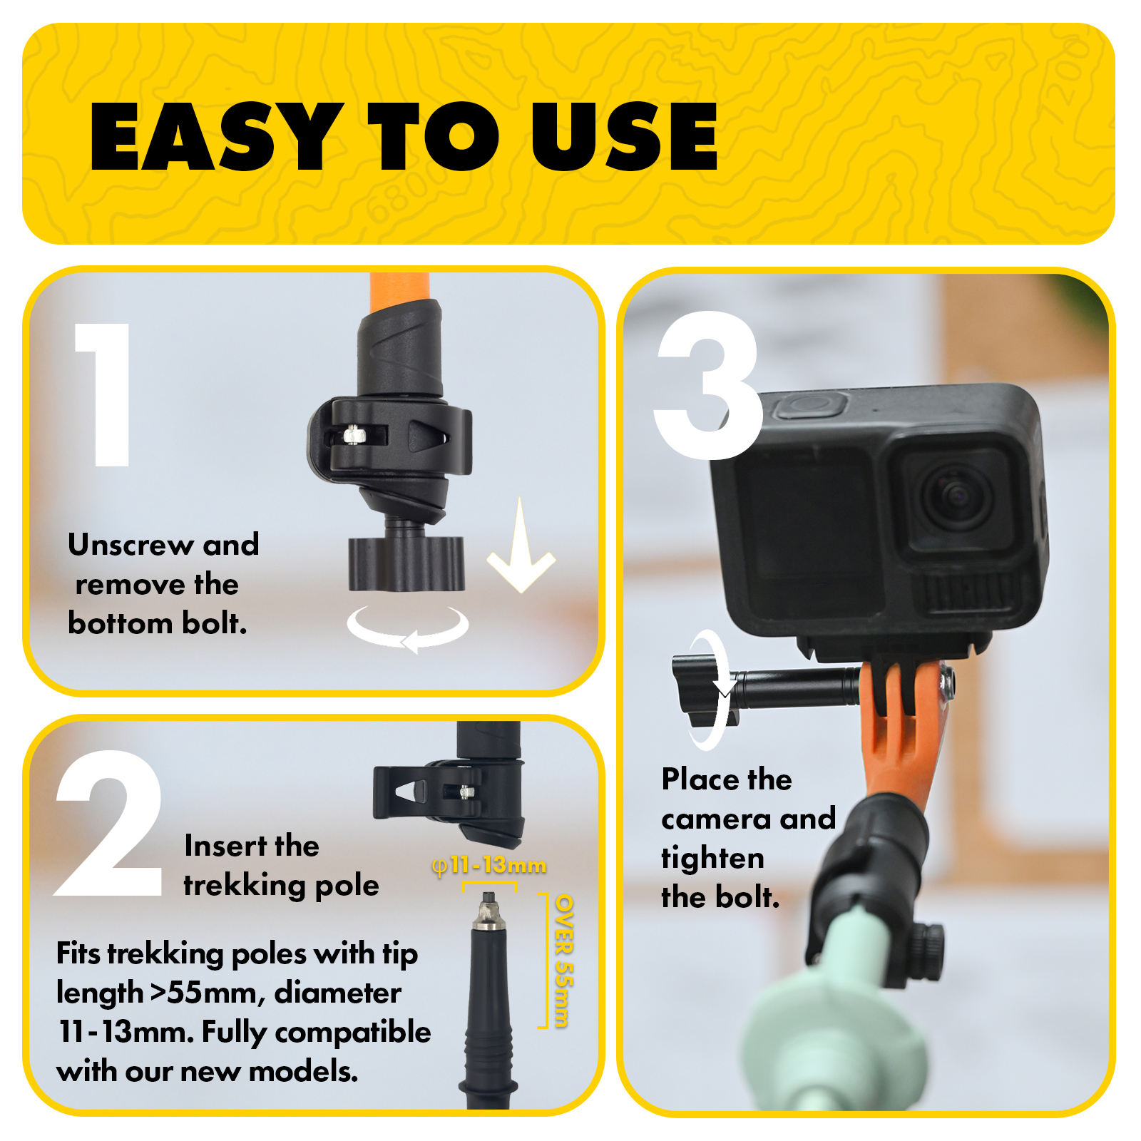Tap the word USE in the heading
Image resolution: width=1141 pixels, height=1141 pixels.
tap(625, 136)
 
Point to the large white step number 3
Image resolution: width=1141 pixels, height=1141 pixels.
tap(708, 385)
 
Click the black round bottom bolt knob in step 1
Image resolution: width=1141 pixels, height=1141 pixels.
tap(406, 563)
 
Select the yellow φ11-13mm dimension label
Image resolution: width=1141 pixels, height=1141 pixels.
tap(489, 866)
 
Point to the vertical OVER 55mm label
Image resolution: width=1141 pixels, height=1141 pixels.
tap(563, 961)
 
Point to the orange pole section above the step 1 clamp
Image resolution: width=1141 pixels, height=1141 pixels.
tap(400, 292)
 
